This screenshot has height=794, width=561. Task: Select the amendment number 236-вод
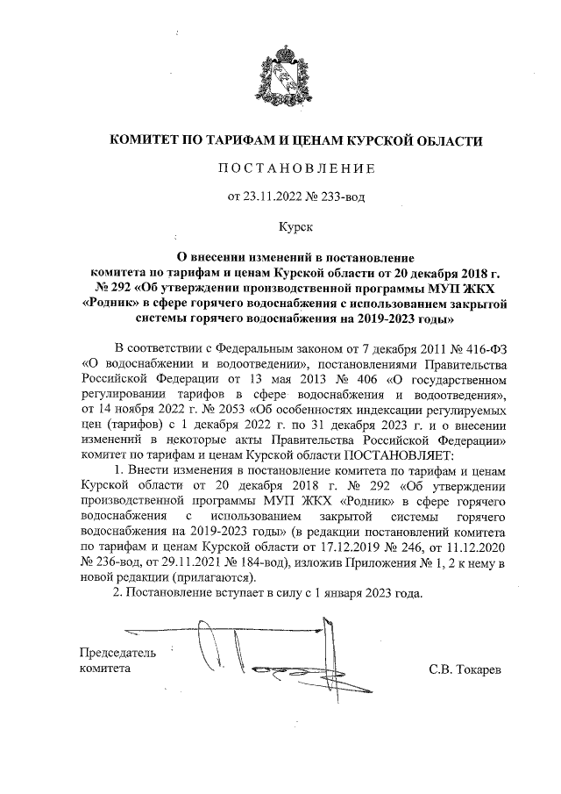coord(117,562)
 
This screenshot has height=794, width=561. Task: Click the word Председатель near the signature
coord(117,653)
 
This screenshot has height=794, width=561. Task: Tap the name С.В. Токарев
coord(465,669)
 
